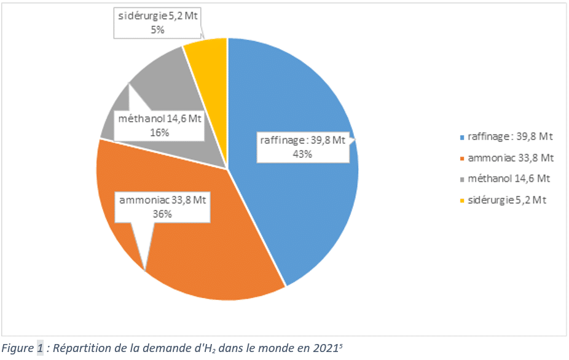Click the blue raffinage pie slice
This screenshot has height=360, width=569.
307,203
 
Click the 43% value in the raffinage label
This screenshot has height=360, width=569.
302,154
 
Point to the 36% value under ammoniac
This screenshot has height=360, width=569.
162,213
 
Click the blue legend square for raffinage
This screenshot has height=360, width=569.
461,137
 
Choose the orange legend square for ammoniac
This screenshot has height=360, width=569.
461,158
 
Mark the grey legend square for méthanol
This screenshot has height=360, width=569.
461,179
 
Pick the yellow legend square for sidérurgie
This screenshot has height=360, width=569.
461,200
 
